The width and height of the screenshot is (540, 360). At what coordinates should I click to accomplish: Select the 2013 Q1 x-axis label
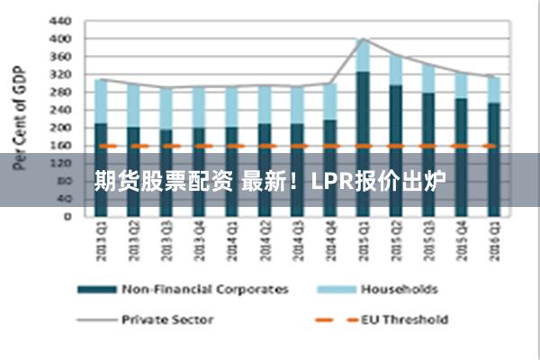pos(101,240)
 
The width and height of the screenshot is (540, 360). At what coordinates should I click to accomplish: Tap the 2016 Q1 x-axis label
pos(493,240)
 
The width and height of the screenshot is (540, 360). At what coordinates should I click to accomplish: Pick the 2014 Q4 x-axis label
pos(329,240)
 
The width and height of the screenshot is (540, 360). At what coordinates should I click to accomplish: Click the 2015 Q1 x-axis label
pos(363,240)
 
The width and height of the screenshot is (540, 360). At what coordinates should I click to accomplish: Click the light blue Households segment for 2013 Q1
pos(101,101)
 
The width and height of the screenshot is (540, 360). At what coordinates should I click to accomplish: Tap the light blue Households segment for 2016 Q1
pos(493,89)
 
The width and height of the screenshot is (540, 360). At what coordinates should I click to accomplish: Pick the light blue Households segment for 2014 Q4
pos(329,101)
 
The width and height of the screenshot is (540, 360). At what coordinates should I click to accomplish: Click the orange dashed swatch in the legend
pos(332,319)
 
